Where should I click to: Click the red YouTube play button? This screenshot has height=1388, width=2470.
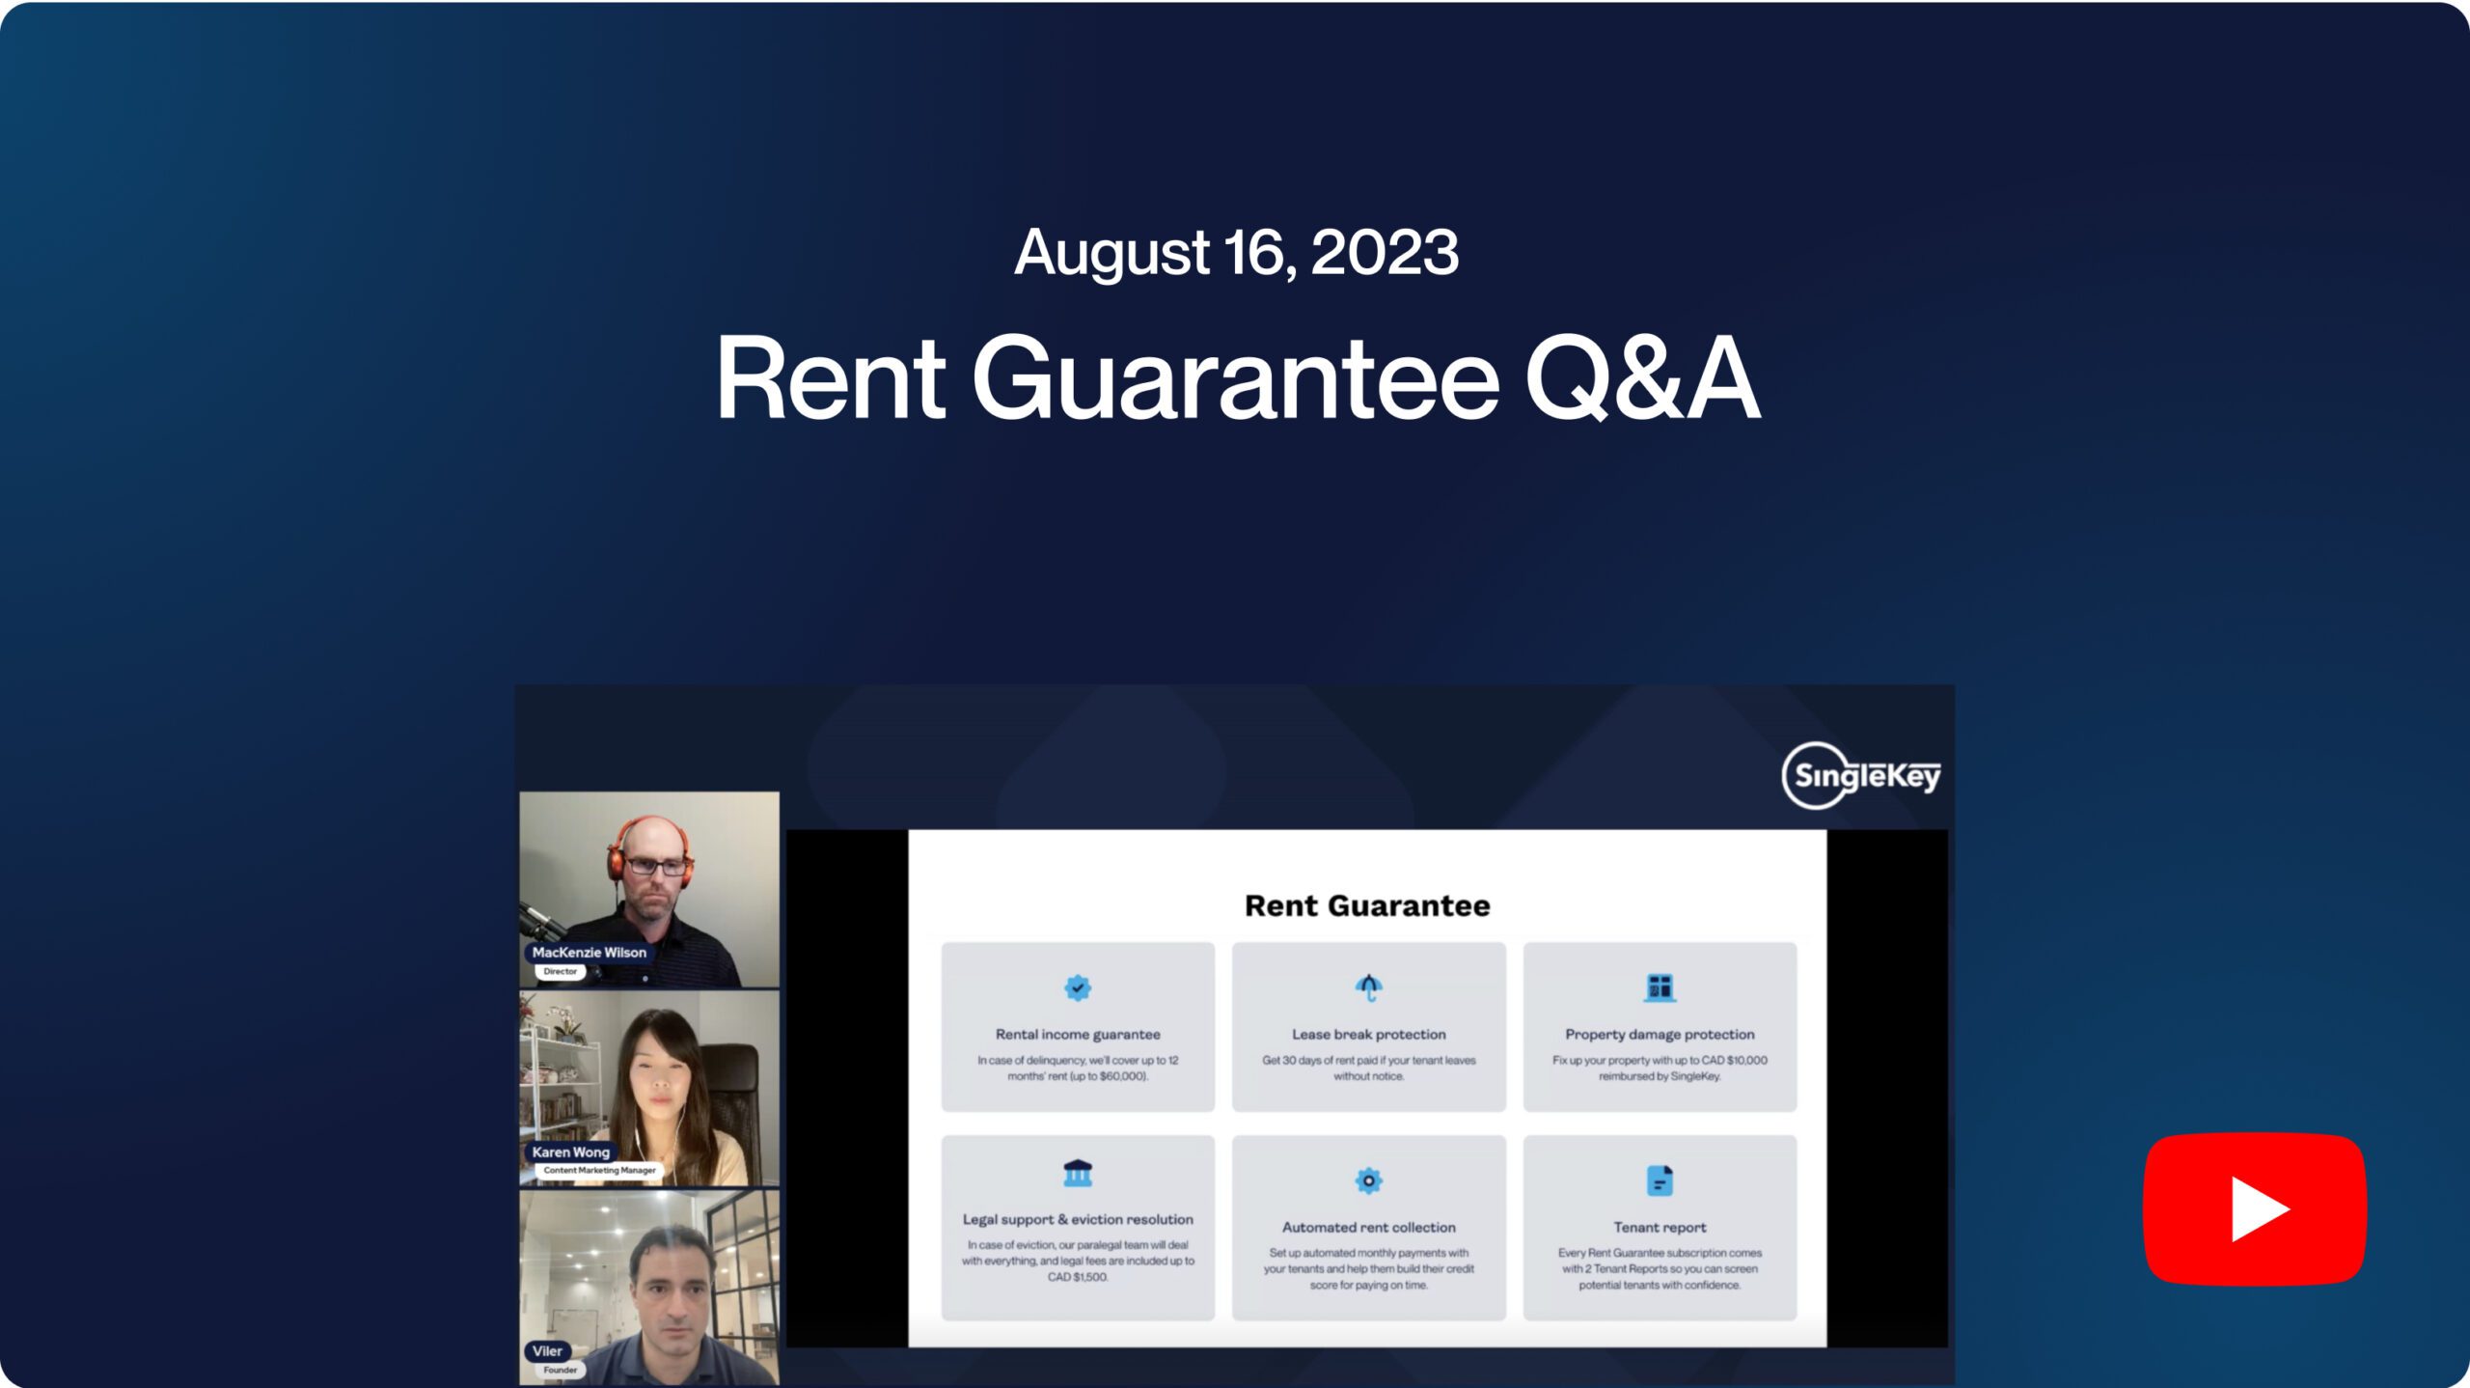tap(2255, 1208)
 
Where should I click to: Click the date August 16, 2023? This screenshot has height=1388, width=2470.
tap(1236, 253)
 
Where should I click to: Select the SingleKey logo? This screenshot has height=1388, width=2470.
tap(1861, 775)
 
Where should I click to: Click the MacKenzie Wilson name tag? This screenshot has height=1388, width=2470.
tap(589, 952)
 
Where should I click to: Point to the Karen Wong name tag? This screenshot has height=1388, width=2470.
tap(570, 1152)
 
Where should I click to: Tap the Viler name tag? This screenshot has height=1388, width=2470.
tap(547, 1350)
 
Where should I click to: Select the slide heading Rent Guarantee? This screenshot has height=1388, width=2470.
tap(1367, 905)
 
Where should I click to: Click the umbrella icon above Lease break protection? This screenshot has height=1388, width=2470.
tap(1368, 987)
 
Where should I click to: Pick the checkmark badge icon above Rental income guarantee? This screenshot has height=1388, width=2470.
tap(1078, 987)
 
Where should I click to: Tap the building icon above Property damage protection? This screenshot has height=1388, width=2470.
tap(1660, 987)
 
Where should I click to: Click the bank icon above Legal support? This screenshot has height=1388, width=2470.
tap(1078, 1173)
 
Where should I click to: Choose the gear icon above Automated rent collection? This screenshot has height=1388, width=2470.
tap(1368, 1180)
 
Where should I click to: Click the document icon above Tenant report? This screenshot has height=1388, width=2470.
tap(1660, 1180)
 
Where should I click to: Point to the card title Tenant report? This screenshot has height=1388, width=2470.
tap(1660, 1227)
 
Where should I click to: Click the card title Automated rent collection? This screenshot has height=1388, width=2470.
tap(1368, 1227)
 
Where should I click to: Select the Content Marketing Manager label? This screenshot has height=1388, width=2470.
tap(599, 1170)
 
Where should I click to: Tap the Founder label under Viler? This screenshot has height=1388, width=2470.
tap(560, 1370)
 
